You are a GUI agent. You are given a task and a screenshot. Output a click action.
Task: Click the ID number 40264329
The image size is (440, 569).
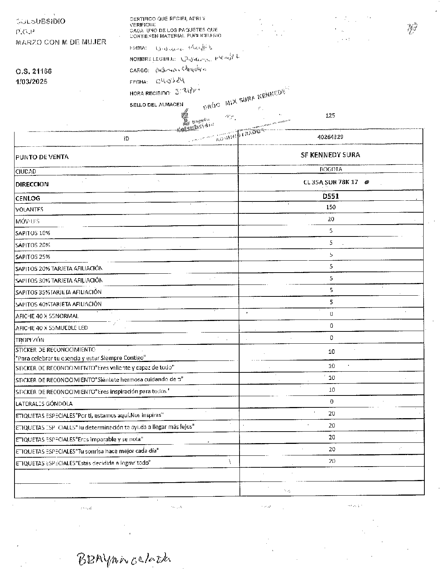330,137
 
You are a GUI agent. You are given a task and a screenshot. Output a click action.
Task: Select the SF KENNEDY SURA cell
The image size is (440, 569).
330,155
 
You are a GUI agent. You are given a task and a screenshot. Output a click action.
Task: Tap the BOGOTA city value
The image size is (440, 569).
331,169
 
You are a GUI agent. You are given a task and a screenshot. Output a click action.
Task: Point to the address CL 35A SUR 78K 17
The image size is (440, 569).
331,182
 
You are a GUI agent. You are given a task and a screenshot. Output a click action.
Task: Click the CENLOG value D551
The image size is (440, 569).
331,196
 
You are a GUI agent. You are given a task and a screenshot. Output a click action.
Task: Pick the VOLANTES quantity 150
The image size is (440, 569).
331,207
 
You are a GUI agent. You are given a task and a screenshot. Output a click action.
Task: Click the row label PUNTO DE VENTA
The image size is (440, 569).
42,157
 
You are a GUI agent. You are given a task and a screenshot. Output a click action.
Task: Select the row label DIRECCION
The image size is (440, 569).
32,184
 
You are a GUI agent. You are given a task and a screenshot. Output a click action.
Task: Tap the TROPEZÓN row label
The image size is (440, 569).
30,340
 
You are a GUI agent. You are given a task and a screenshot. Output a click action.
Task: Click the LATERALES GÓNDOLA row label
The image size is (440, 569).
44,404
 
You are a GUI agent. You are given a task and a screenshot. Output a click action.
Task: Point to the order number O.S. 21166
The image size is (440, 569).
33,71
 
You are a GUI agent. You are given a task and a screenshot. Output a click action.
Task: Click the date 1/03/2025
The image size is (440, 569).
31,82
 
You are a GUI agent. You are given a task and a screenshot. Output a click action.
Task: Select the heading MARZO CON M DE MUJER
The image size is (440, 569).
61,42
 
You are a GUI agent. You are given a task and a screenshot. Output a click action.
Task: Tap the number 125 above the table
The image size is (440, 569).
330,115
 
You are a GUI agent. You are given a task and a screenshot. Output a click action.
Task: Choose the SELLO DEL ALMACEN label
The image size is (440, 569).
156,105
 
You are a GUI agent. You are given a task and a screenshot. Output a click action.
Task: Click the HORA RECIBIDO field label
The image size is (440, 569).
150,93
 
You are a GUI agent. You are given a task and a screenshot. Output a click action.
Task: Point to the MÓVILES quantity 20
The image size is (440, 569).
331,219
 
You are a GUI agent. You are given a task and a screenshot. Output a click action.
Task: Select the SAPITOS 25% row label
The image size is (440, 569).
33,257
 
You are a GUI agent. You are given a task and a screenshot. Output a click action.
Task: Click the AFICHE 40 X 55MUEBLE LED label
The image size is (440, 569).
51,328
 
